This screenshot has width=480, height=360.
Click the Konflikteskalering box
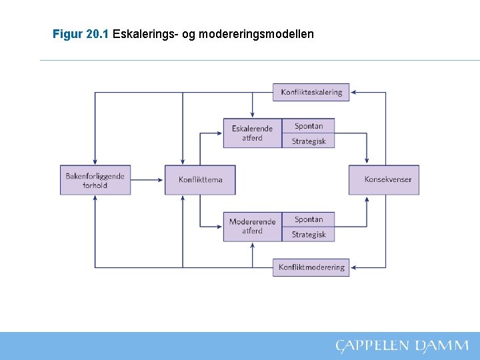tap(311, 92)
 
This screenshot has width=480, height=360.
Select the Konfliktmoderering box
tap(311, 267)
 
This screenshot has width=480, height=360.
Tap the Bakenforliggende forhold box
tap(95, 180)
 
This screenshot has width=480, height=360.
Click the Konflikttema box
tap(200, 180)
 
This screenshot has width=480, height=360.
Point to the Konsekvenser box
tap(383, 180)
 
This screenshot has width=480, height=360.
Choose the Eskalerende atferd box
tap(252, 133)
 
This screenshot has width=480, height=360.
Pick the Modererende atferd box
tap(252, 227)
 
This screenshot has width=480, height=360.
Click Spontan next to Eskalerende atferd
tap(309, 126)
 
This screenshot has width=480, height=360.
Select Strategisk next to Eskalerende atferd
tap(309, 141)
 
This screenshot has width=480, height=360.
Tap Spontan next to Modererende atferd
tap(309, 219)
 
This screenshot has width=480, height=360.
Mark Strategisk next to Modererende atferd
tap(309, 235)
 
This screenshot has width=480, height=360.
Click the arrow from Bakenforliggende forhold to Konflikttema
tap(147, 180)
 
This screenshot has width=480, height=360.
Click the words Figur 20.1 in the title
tap(81, 33)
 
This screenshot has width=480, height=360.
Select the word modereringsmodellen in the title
tap(259, 33)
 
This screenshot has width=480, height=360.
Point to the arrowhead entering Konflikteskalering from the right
tap(353, 92)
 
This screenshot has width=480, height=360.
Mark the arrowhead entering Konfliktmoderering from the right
tap(353, 267)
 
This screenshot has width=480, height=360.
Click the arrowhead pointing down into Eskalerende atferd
tap(252, 115)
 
